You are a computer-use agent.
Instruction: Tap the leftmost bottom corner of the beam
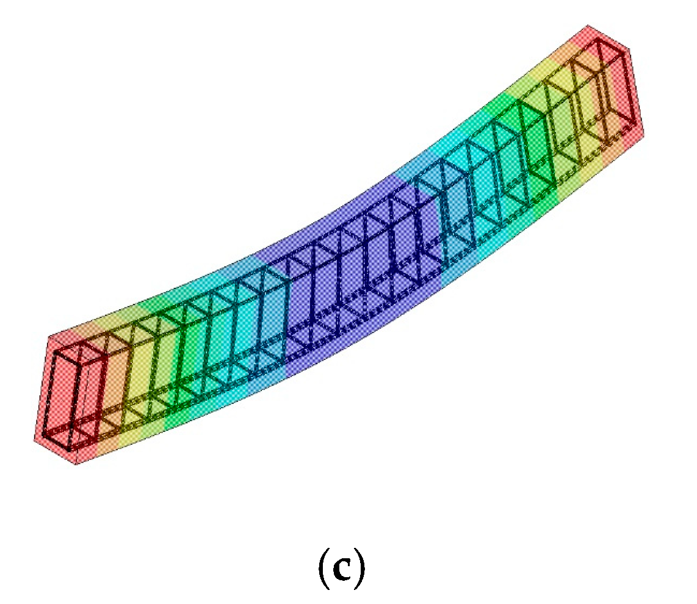pos(34,438)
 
